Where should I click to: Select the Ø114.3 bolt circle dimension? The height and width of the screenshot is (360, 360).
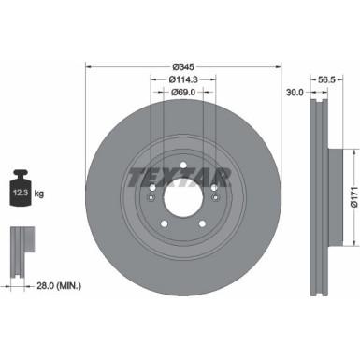tap(183, 79)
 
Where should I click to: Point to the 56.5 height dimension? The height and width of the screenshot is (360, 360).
tap(327, 80)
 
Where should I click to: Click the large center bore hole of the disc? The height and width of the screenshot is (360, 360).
tap(183, 199)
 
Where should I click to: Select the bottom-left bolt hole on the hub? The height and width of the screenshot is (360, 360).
tap(165, 223)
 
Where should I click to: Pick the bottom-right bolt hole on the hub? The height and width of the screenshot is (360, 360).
tap(202, 223)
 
